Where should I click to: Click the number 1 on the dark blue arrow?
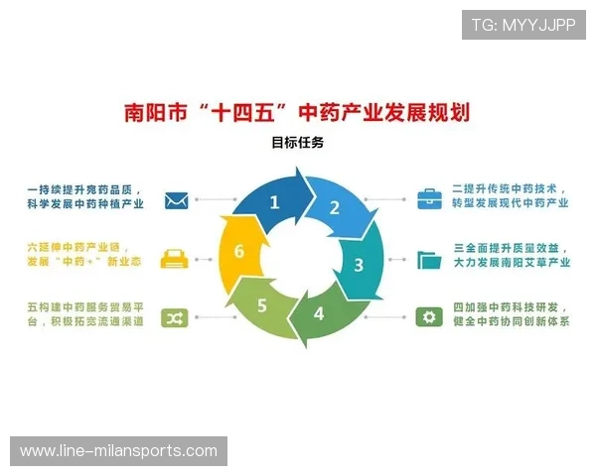click(x=275, y=203)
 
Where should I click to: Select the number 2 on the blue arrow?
click(x=335, y=207)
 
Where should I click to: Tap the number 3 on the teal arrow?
click(x=359, y=265)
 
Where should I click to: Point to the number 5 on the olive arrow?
click(x=262, y=304)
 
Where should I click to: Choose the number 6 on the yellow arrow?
click(x=238, y=252)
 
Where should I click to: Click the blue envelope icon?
click(x=177, y=199)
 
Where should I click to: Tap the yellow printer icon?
click(x=177, y=258)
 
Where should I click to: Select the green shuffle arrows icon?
click(x=177, y=317)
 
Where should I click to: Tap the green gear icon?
click(x=429, y=317)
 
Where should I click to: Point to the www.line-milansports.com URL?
click(x=118, y=451)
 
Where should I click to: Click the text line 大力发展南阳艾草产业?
click(x=511, y=264)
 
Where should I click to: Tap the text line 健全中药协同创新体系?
click(x=511, y=323)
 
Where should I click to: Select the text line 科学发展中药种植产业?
click(x=85, y=204)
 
